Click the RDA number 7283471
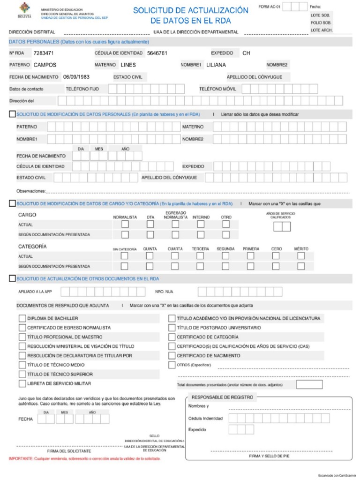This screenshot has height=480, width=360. [x=44, y=53]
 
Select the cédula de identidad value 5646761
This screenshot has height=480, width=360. [x=157, y=53]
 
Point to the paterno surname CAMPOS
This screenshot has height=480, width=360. [x=45, y=65]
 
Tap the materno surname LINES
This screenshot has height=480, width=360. [x=128, y=65]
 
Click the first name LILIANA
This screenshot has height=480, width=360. [x=216, y=65]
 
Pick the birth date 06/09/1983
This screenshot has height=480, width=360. [x=76, y=77]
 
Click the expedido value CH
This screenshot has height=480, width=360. [x=246, y=53]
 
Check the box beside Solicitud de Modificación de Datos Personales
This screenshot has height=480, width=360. [x=13, y=114]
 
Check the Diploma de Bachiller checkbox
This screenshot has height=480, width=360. [x=22, y=318]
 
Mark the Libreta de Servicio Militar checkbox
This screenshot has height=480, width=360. [x=22, y=383]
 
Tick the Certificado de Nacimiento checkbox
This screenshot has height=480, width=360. [x=172, y=356]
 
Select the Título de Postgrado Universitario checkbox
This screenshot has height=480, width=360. [x=172, y=328]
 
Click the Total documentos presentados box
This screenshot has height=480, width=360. [x=309, y=385]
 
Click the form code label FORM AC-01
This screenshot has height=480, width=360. [x=270, y=7]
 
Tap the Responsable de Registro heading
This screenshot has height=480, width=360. [x=222, y=397]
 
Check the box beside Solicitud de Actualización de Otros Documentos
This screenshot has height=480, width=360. [x=13, y=278]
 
